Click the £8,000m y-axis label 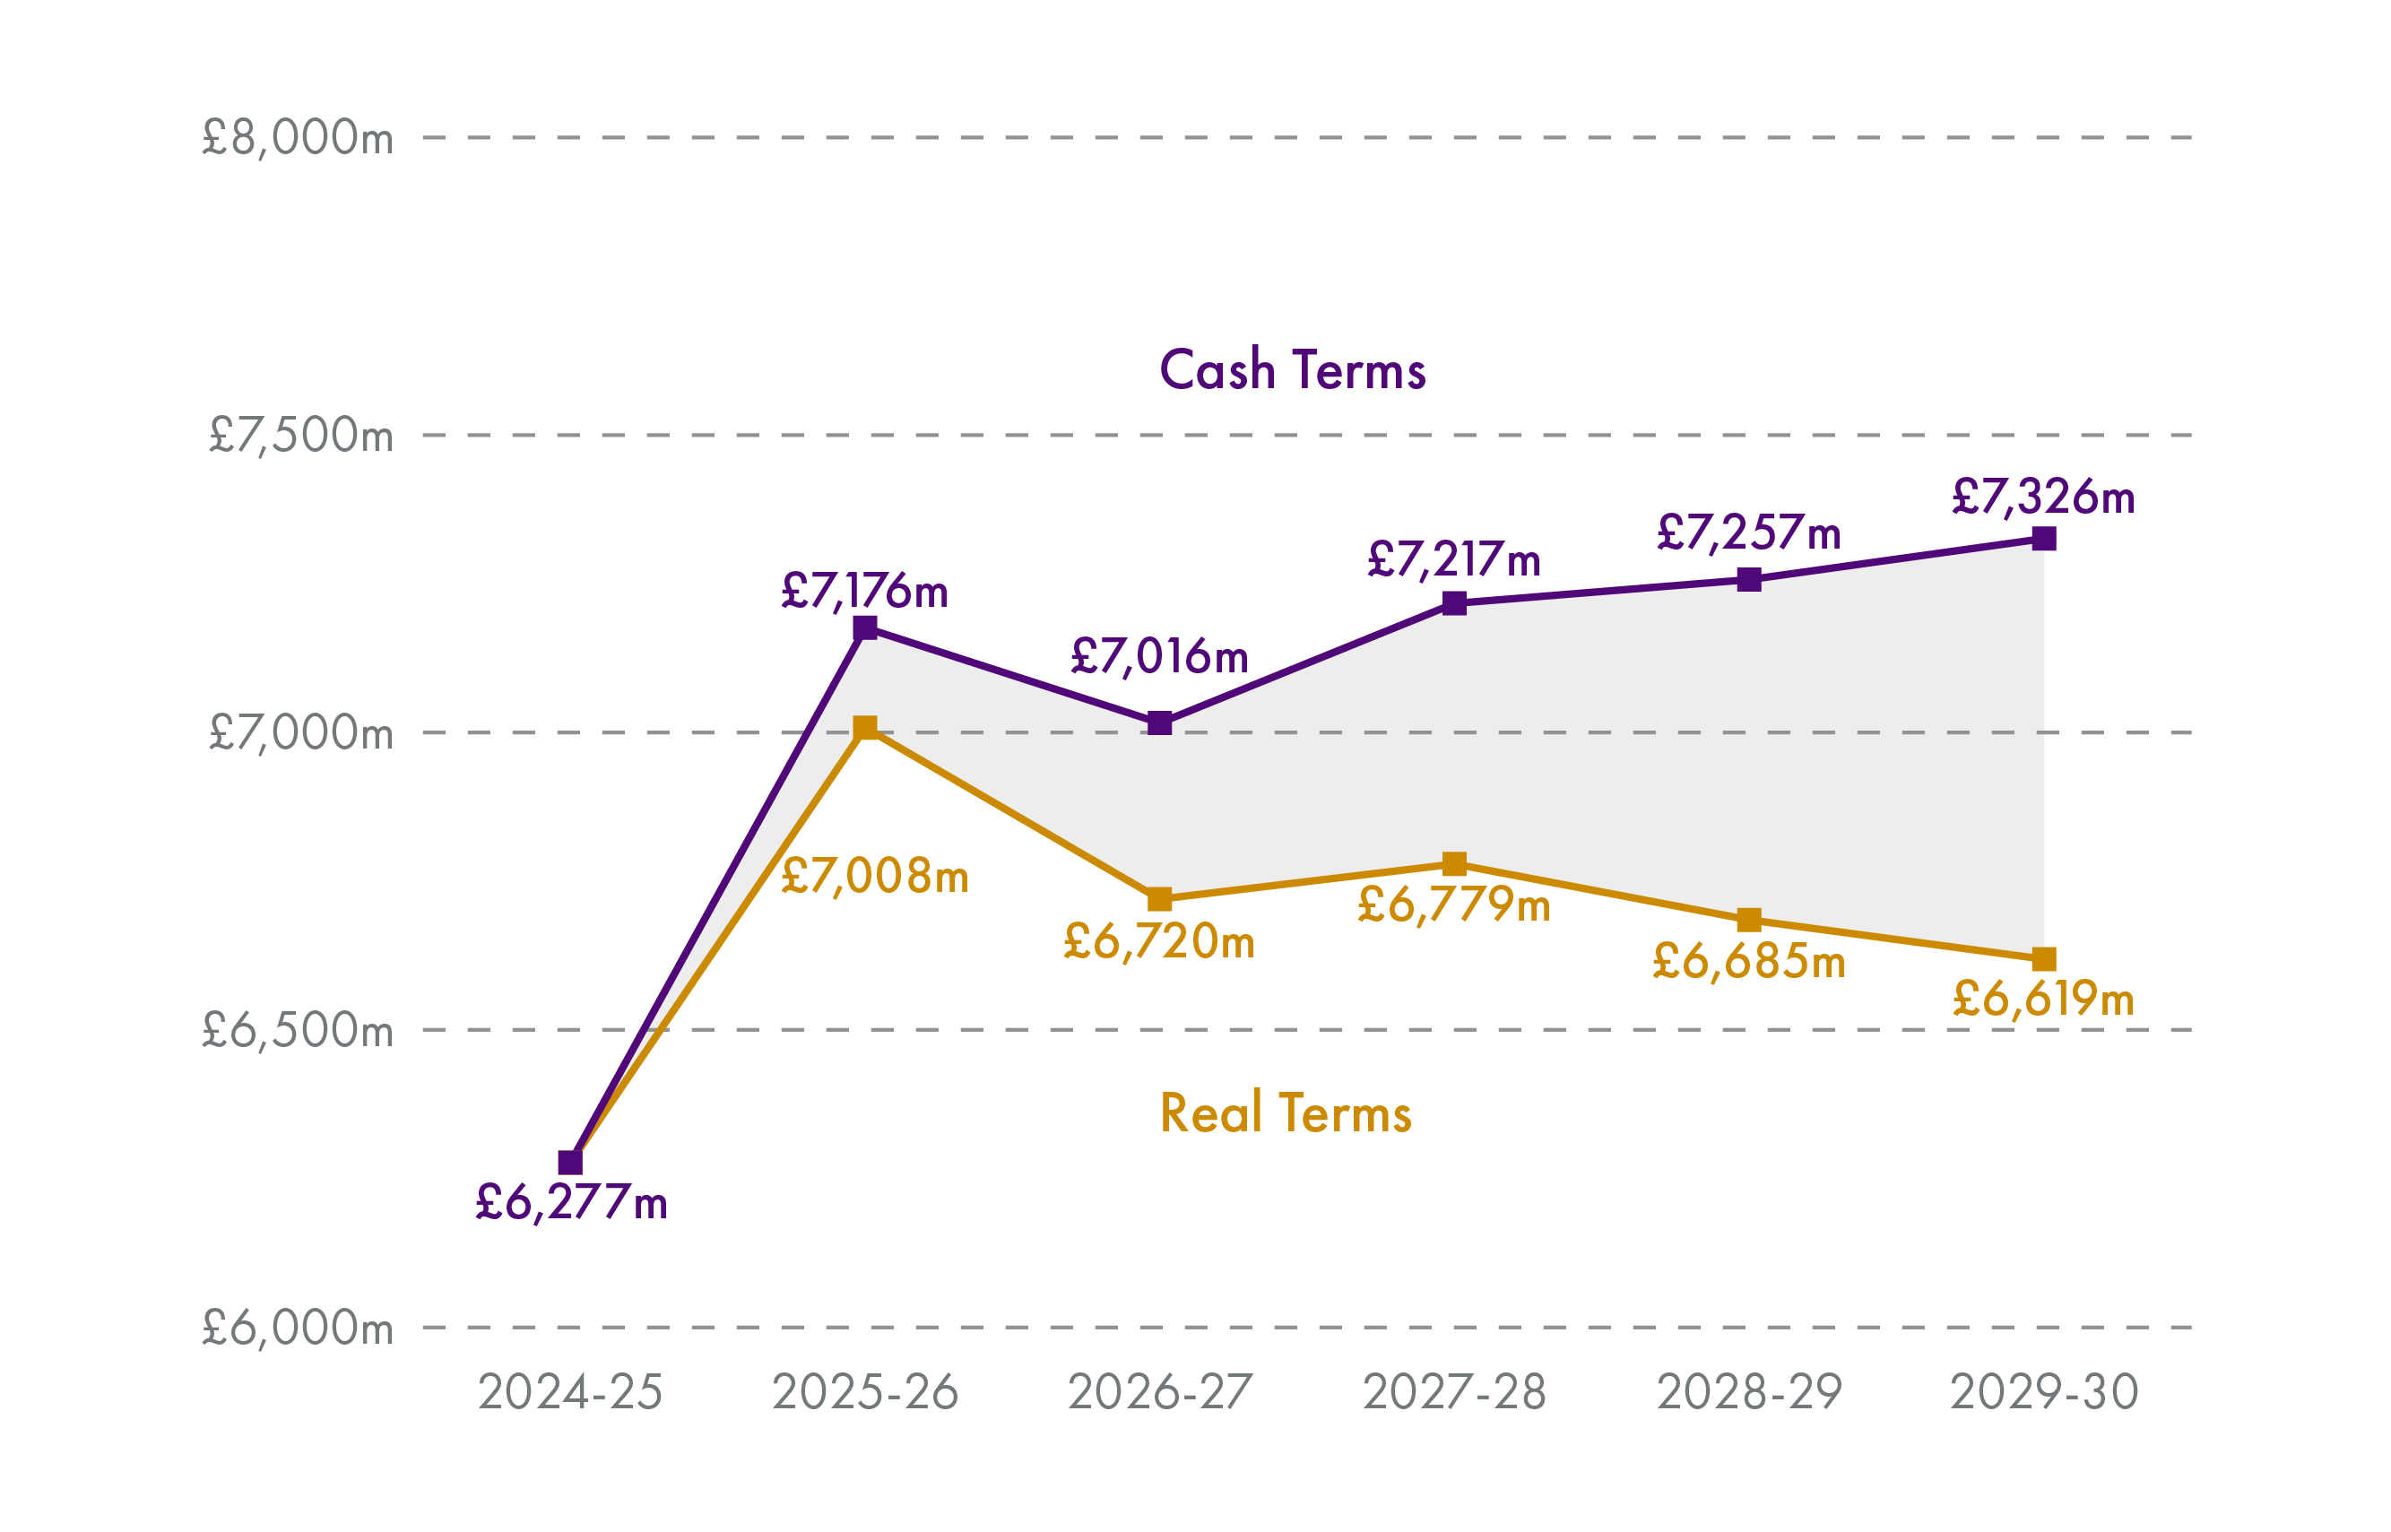298,137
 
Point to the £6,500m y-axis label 298,1031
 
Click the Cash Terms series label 1292,370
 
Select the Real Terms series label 1285,1113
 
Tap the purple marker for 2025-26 865,628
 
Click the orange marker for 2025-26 865,727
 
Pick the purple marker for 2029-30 2044,539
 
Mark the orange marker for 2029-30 2044,959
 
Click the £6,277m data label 571,1203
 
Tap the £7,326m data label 2043,497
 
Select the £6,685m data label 1748,962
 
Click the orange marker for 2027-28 1454,863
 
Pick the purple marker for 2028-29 1749,580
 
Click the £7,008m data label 874,877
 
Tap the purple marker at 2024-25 570,1162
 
